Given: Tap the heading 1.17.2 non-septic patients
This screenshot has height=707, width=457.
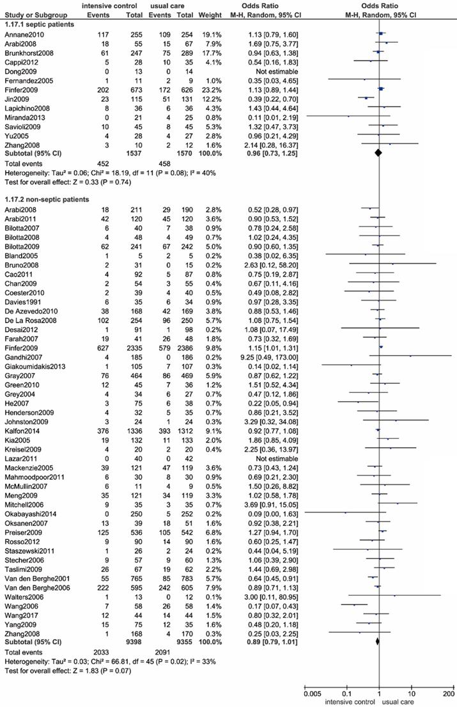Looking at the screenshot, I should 45,198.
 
